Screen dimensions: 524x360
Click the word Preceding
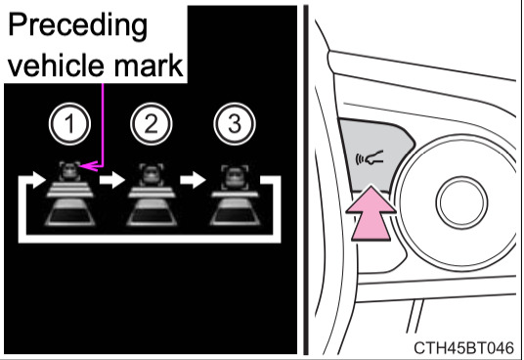(77, 26)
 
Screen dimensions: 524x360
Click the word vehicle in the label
(56, 65)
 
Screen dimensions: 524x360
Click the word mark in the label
(149, 65)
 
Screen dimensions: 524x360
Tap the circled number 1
(69, 124)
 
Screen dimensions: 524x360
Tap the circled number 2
(152, 124)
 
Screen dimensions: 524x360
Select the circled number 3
(235, 124)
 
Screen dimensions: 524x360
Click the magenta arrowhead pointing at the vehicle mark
(88, 165)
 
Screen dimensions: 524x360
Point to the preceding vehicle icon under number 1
(69, 171)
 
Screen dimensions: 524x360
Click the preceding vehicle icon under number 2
(152, 174)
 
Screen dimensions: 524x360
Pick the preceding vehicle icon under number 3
(235, 177)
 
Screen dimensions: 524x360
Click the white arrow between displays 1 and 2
(112, 180)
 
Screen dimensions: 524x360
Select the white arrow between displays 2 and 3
(193, 180)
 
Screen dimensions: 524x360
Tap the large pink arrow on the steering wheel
(371, 213)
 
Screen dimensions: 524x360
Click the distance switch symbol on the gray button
(370, 157)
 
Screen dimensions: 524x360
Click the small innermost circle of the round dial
(461, 202)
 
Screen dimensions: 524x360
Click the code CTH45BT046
(463, 348)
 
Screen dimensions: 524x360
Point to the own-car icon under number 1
(69, 212)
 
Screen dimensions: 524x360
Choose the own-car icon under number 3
(235, 212)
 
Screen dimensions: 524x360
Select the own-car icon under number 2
(152, 212)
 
